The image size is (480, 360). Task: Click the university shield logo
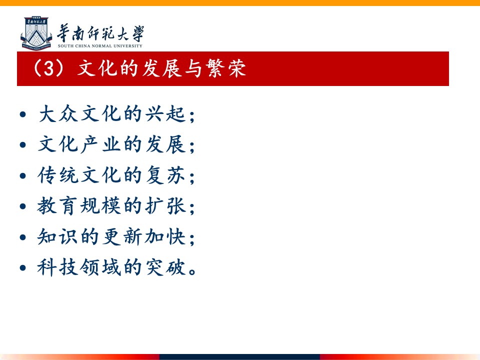(x=36, y=33)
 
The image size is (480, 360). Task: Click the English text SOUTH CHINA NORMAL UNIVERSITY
(x=100, y=46)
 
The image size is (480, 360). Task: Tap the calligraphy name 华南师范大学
(x=100, y=33)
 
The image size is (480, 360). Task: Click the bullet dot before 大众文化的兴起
(x=22, y=115)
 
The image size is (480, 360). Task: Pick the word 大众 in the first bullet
(x=58, y=113)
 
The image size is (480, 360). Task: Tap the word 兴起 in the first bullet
(x=165, y=113)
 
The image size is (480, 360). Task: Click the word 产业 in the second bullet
(x=101, y=144)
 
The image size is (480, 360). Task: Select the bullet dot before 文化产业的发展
(x=22, y=145)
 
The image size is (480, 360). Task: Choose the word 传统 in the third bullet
(x=58, y=175)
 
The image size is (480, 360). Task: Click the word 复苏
(x=165, y=175)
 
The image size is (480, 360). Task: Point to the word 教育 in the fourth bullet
(x=58, y=205)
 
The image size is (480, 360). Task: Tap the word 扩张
(x=165, y=205)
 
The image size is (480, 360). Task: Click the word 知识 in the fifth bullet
(x=58, y=236)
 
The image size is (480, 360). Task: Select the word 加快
(x=165, y=236)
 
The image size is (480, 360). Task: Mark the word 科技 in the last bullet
(x=58, y=267)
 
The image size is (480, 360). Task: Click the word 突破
(x=165, y=267)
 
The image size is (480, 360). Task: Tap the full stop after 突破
(x=192, y=272)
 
